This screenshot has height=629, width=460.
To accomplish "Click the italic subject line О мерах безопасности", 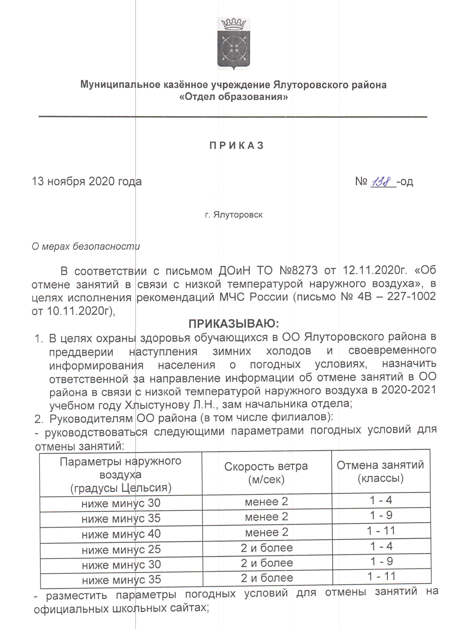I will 86,246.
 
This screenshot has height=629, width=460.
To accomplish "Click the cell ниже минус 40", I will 121,534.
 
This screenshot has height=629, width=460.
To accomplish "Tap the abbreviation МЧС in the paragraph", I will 231,297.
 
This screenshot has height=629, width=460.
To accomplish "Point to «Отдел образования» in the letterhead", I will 234,97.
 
